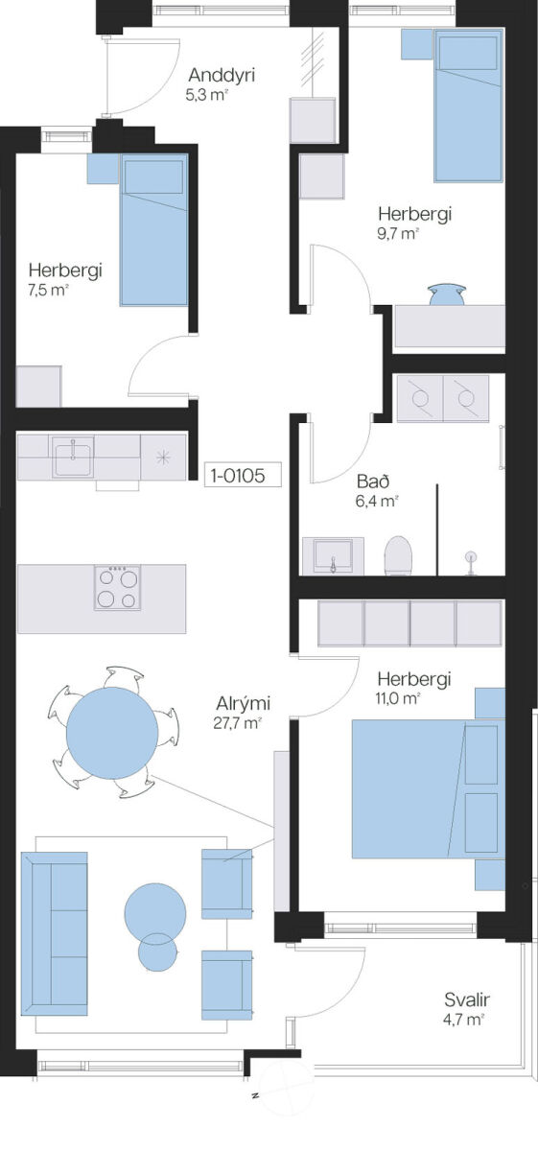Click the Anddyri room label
pos(222,76)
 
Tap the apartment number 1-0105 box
pos(243,475)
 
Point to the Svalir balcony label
pos(467,999)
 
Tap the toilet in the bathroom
pos(398,555)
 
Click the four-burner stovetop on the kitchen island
pos(117,587)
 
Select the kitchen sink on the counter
pos(73,457)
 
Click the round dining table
pos(112,734)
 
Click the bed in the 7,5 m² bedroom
pos(154,229)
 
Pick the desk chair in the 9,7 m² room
pos(447,295)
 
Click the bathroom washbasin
pos(333,556)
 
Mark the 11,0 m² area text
pos(398,698)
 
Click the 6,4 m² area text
pos(377,501)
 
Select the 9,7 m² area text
pos(398,234)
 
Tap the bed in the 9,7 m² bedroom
pos(468,106)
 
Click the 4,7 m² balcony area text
pos(464,1019)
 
